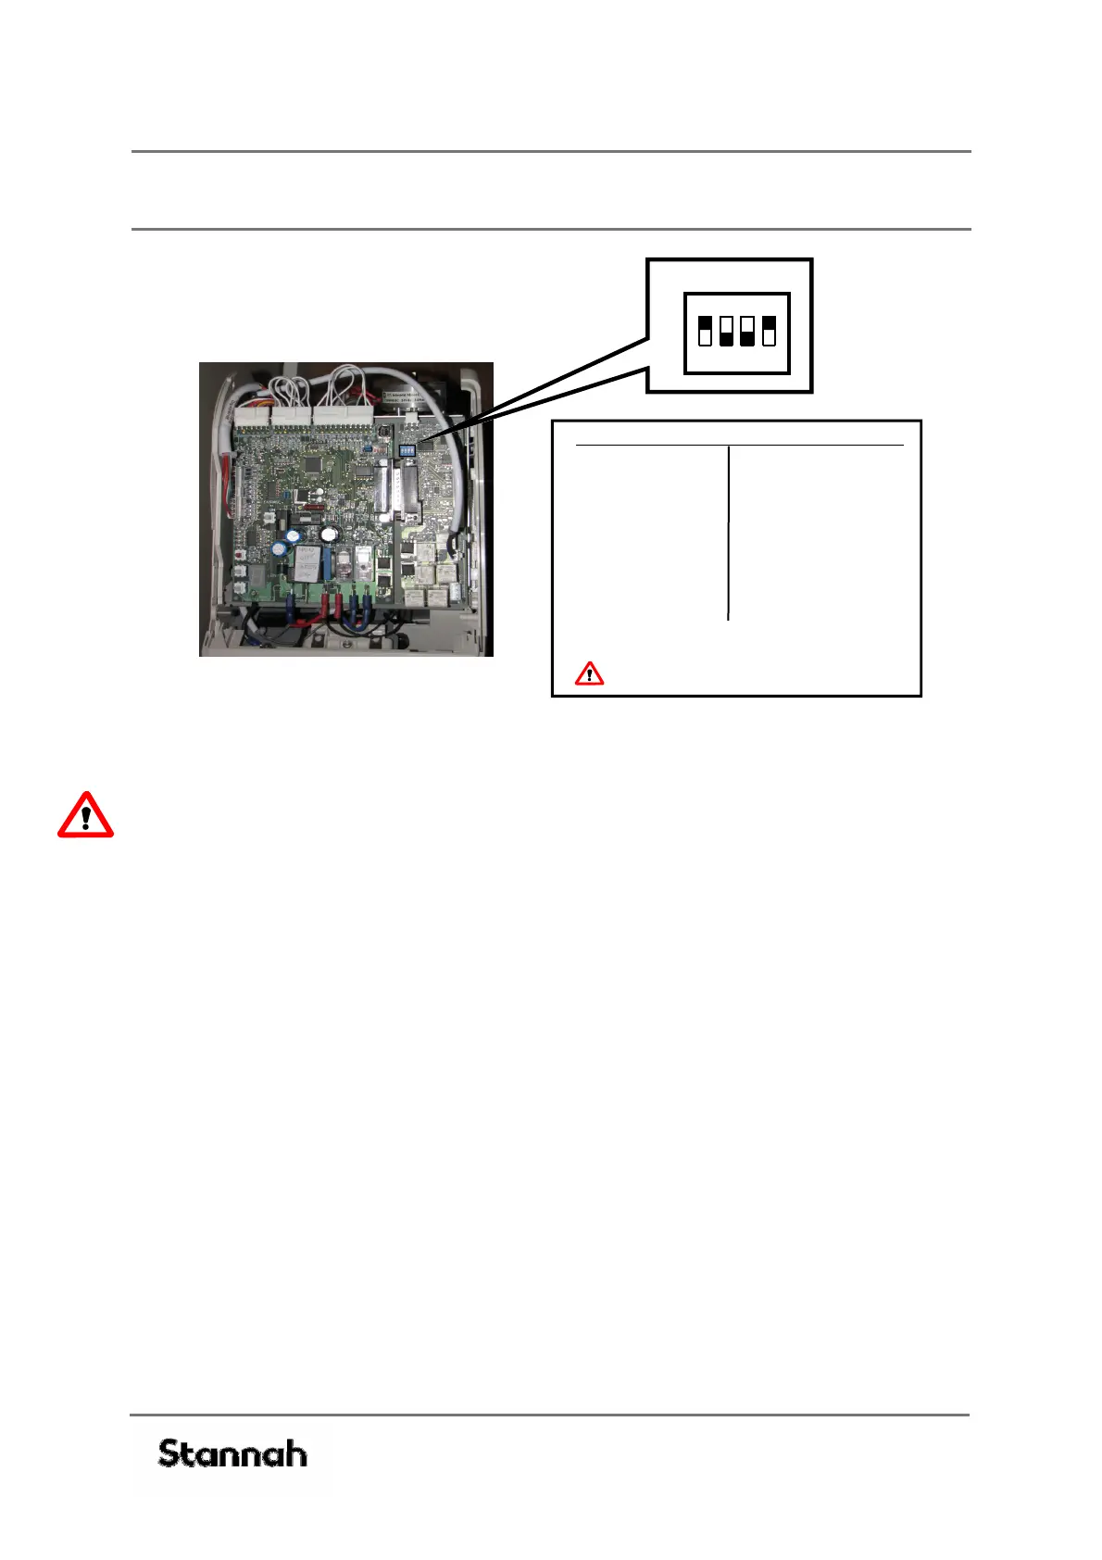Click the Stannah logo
(x=232, y=1453)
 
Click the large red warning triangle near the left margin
(x=85, y=816)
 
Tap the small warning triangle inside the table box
(x=589, y=673)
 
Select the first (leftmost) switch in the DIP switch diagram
(x=706, y=331)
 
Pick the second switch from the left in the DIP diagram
(x=726, y=331)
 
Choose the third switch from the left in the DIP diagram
(x=747, y=331)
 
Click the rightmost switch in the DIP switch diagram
(x=769, y=331)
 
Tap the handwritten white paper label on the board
(x=307, y=561)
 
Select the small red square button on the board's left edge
(x=241, y=554)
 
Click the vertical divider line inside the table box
(x=729, y=533)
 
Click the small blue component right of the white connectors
(x=368, y=446)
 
